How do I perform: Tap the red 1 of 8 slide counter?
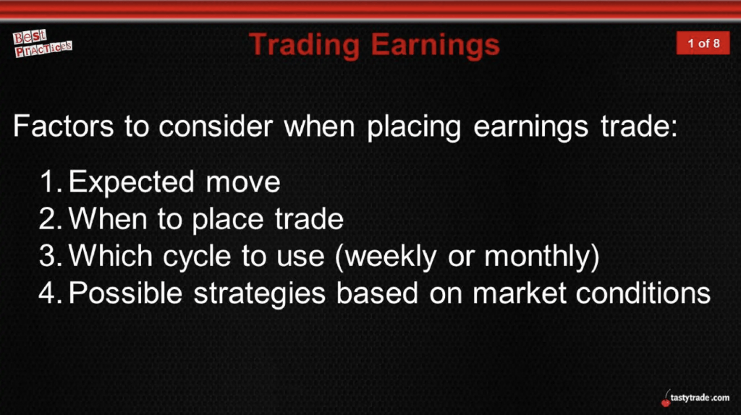pos(703,43)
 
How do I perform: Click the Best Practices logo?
pos(42,43)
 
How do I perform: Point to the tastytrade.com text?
pos(700,398)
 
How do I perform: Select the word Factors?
pos(64,126)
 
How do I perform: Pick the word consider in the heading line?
pos(216,126)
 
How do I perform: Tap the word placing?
pos(413,127)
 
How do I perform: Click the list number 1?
pos(51,181)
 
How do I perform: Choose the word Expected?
pos(132,183)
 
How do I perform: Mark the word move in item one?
pos(243,183)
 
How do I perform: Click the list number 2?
pos(51,218)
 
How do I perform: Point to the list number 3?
pos(51,255)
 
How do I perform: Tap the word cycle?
pos(197,257)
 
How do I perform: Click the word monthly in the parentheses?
pos(538,257)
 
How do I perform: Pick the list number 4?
pos(51,293)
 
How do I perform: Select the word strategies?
pos(260,294)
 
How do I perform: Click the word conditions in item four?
pos(643,293)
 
